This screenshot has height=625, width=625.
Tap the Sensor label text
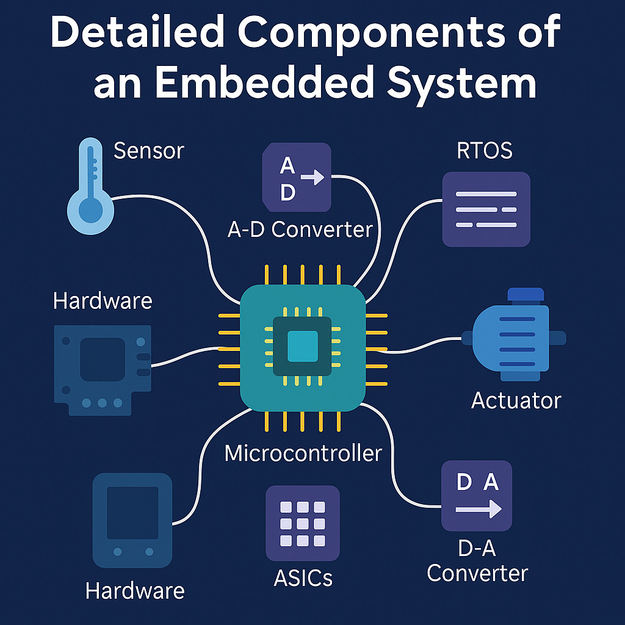tap(149, 151)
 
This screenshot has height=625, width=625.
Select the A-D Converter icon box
tap(297, 177)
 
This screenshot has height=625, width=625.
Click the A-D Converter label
tap(300, 229)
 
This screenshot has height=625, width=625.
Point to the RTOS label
tap(485, 150)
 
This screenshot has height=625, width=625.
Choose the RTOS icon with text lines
tap(486, 209)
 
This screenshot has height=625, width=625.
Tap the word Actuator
tap(516, 400)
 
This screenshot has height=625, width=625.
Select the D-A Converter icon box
tap(477, 496)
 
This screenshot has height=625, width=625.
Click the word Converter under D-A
tap(477, 573)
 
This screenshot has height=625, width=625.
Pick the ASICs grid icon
tap(302, 523)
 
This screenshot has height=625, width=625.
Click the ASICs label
tap(303, 577)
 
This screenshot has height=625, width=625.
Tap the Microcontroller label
tap(303, 453)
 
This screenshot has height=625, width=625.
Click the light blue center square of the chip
tap(303, 346)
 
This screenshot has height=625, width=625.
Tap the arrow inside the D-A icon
tap(479, 508)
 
